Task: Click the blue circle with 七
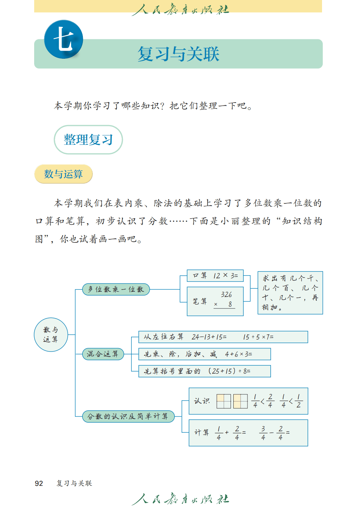point(64,39)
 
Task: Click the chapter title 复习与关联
point(178,54)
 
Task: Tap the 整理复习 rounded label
point(88,140)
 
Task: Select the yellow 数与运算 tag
point(64,174)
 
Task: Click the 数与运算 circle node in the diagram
point(51,335)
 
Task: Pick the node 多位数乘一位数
point(116,289)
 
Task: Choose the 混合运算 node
point(103,354)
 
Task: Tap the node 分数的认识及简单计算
point(128,416)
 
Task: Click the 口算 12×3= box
point(215,276)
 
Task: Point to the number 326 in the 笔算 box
point(226,295)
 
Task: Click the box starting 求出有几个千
point(290,293)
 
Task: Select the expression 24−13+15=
point(209,337)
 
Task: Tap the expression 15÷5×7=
point(258,337)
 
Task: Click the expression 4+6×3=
point(239,354)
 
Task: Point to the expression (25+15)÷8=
point(230,371)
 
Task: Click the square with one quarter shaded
point(224,401)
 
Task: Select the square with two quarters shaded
point(241,401)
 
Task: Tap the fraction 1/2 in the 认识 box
point(299,401)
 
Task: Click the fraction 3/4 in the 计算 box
point(263,433)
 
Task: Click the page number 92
point(39,483)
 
